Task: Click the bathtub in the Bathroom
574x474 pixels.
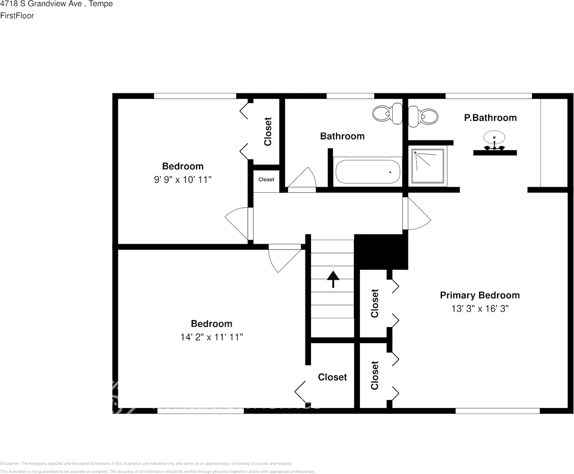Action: [367, 171]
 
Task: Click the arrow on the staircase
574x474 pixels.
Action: [332, 279]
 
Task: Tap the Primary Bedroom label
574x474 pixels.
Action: [479, 295]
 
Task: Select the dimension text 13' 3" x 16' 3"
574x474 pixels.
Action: [480, 309]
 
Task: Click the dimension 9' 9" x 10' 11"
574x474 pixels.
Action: [183, 179]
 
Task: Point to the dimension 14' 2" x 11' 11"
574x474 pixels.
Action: [212, 337]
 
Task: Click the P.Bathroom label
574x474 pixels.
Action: [490, 118]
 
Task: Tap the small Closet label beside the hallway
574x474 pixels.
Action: [266, 180]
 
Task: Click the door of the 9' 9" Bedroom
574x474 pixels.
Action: [238, 223]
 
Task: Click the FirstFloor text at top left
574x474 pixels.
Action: [17, 15]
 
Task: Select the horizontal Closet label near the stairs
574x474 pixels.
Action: [332, 377]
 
